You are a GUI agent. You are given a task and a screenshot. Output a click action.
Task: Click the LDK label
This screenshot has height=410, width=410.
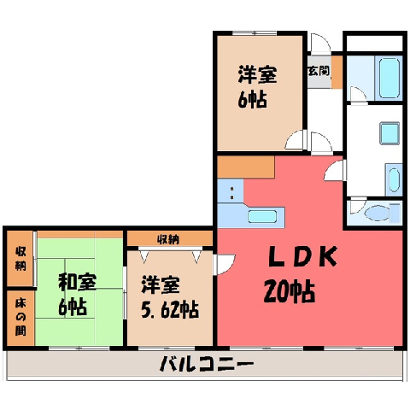(x=303, y=256)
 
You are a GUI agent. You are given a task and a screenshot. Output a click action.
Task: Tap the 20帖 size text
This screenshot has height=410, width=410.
(x=290, y=291)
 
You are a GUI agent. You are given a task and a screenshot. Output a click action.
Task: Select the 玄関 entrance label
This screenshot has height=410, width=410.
(x=319, y=71)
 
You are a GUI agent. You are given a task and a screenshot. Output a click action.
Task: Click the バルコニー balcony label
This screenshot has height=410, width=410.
(x=206, y=363)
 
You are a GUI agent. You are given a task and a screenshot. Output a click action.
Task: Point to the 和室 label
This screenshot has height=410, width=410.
(x=78, y=283)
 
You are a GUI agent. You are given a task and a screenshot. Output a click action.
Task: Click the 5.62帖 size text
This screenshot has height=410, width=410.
(x=170, y=309)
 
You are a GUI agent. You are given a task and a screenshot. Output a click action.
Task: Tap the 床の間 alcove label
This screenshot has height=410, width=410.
(x=20, y=317)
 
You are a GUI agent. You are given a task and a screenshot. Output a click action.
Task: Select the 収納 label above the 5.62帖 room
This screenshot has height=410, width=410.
(x=168, y=239)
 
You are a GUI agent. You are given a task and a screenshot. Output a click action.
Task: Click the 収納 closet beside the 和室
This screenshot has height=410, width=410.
(x=20, y=259)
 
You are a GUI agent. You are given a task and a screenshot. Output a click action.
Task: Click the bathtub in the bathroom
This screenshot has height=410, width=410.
(x=389, y=79)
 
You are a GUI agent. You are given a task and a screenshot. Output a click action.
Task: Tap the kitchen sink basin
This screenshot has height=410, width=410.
(x=262, y=216)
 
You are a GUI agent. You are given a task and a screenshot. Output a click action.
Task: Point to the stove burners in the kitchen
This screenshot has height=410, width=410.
(x=232, y=193)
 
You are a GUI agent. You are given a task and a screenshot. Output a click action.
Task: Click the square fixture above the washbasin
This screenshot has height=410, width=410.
(x=389, y=133)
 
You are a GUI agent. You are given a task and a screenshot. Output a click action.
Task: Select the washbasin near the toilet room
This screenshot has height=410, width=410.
(x=394, y=180)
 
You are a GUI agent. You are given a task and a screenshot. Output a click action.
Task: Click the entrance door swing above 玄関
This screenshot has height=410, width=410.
(x=320, y=44)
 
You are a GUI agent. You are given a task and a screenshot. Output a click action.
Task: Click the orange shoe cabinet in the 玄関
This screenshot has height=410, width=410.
(x=337, y=72)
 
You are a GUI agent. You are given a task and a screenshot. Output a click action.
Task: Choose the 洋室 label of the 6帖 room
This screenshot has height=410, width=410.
(x=257, y=74)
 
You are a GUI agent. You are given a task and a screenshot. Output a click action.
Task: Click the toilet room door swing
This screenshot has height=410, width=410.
(x=358, y=207)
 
